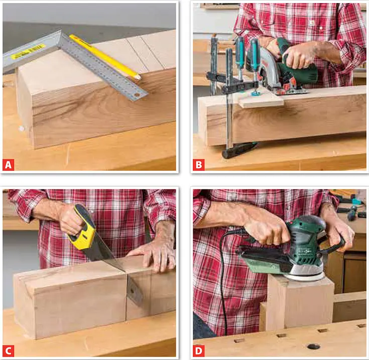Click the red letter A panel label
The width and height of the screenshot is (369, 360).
coord(8,165)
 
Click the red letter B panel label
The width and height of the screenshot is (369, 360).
coord(199,165)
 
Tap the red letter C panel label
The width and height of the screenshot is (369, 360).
coord(8,351)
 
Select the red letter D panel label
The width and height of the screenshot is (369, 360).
coord(199,351)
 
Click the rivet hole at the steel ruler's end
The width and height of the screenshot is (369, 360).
coord(137,95)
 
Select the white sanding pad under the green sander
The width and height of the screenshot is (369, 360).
coord(305,275)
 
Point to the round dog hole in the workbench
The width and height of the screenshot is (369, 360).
coord(313,346)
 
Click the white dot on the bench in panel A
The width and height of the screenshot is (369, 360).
coord(22,129)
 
